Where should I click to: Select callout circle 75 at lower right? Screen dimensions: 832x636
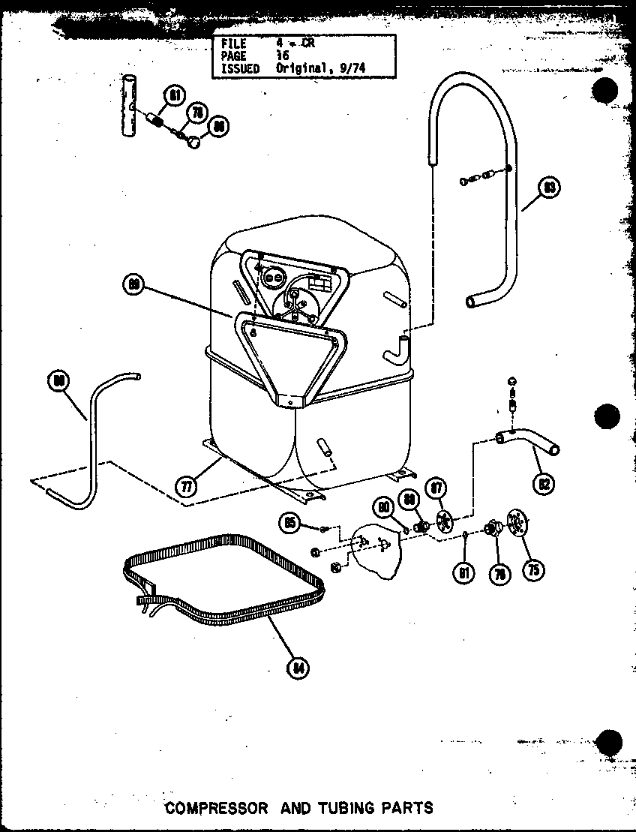(533, 569)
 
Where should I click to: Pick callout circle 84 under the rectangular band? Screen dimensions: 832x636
(298, 667)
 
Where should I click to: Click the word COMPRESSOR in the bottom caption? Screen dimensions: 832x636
(216, 808)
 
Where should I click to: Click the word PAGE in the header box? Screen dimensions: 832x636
(233, 56)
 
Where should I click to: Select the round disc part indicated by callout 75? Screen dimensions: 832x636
(517, 522)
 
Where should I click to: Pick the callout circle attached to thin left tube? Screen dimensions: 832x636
(58, 380)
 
